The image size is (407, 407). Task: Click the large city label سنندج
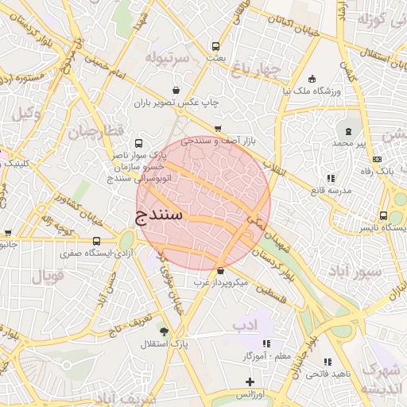(159, 215)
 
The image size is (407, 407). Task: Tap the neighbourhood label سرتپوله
(168, 58)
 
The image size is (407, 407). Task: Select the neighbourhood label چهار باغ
(257, 70)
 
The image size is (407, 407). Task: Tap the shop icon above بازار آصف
(218, 128)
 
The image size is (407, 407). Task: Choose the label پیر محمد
(353, 143)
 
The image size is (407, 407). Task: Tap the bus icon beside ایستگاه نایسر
(384, 215)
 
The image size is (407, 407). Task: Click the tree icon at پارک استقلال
(164, 331)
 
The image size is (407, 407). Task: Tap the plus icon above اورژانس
(250, 382)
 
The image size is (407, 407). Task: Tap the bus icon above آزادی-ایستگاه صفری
(96, 241)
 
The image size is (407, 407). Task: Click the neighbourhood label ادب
(246, 324)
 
